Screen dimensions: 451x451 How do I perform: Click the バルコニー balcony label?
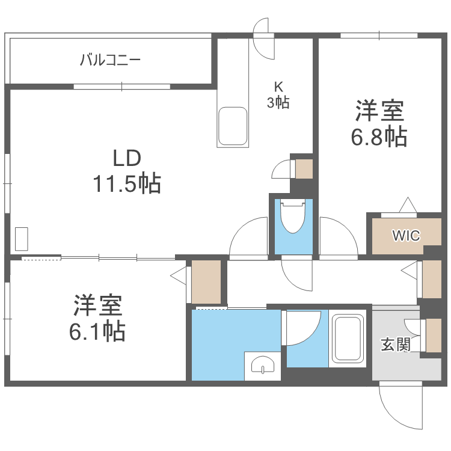(x=110, y=60)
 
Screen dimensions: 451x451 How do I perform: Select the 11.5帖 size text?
(x=127, y=183)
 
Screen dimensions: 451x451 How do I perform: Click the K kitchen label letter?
(x=278, y=86)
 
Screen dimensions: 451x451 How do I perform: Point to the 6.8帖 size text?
(x=379, y=137)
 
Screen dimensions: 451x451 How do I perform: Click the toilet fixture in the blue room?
(x=293, y=218)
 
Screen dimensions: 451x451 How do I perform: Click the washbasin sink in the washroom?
(x=263, y=365)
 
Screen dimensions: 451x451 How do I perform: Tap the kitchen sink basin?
(x=233, y=126)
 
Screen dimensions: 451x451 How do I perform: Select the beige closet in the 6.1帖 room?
(x=206, y=282)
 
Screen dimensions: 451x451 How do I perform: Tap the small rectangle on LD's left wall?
(x=22, y=239)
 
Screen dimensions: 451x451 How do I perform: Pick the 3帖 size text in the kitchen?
(x=278, y=103)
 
